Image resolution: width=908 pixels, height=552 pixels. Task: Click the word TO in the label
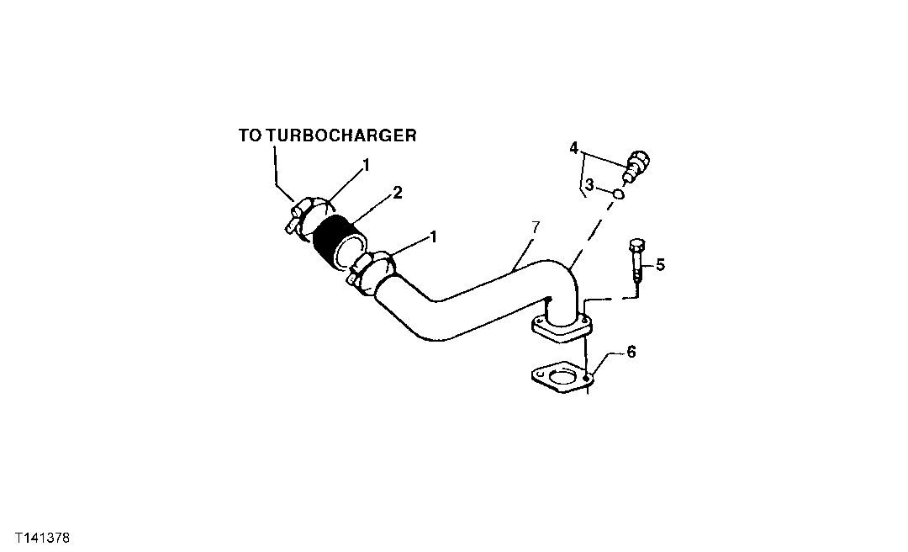coord(251,135)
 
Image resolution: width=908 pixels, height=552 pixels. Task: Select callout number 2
coord(398,193)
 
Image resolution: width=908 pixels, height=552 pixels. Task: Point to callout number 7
coord(536,227)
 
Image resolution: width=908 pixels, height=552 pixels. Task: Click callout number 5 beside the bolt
coord(660,266)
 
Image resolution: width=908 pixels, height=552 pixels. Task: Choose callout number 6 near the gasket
coord(631,352)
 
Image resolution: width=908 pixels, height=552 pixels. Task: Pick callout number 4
coord(573,148)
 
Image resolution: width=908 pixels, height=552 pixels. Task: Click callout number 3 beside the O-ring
coord(590,184)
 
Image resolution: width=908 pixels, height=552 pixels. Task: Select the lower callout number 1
coord(433,236)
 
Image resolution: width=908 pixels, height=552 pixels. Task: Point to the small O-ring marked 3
coord(617,194)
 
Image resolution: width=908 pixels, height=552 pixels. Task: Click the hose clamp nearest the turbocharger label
coord(306,215)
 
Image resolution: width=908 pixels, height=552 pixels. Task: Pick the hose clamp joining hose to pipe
coord(371,270)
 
